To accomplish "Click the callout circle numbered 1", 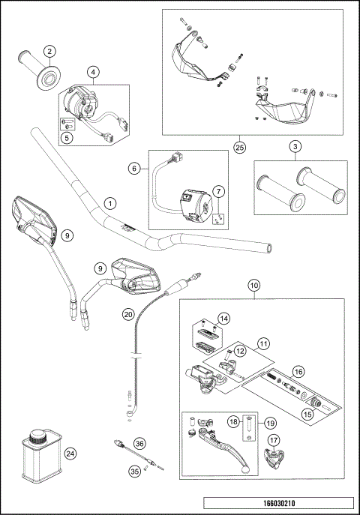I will [x=110, y=203].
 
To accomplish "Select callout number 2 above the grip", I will [x=49, y=51].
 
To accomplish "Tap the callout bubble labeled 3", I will [x=296, y=146].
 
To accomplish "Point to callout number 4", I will [x=93, y=72].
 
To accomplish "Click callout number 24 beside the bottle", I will [x=70, y=453].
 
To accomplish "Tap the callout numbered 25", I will [x=239, y=148].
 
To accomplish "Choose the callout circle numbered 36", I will [x=139, y=445].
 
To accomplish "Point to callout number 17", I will [x=274, y=440].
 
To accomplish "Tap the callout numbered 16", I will [x=298, y=370].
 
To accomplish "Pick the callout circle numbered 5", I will [x=67, y=137].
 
